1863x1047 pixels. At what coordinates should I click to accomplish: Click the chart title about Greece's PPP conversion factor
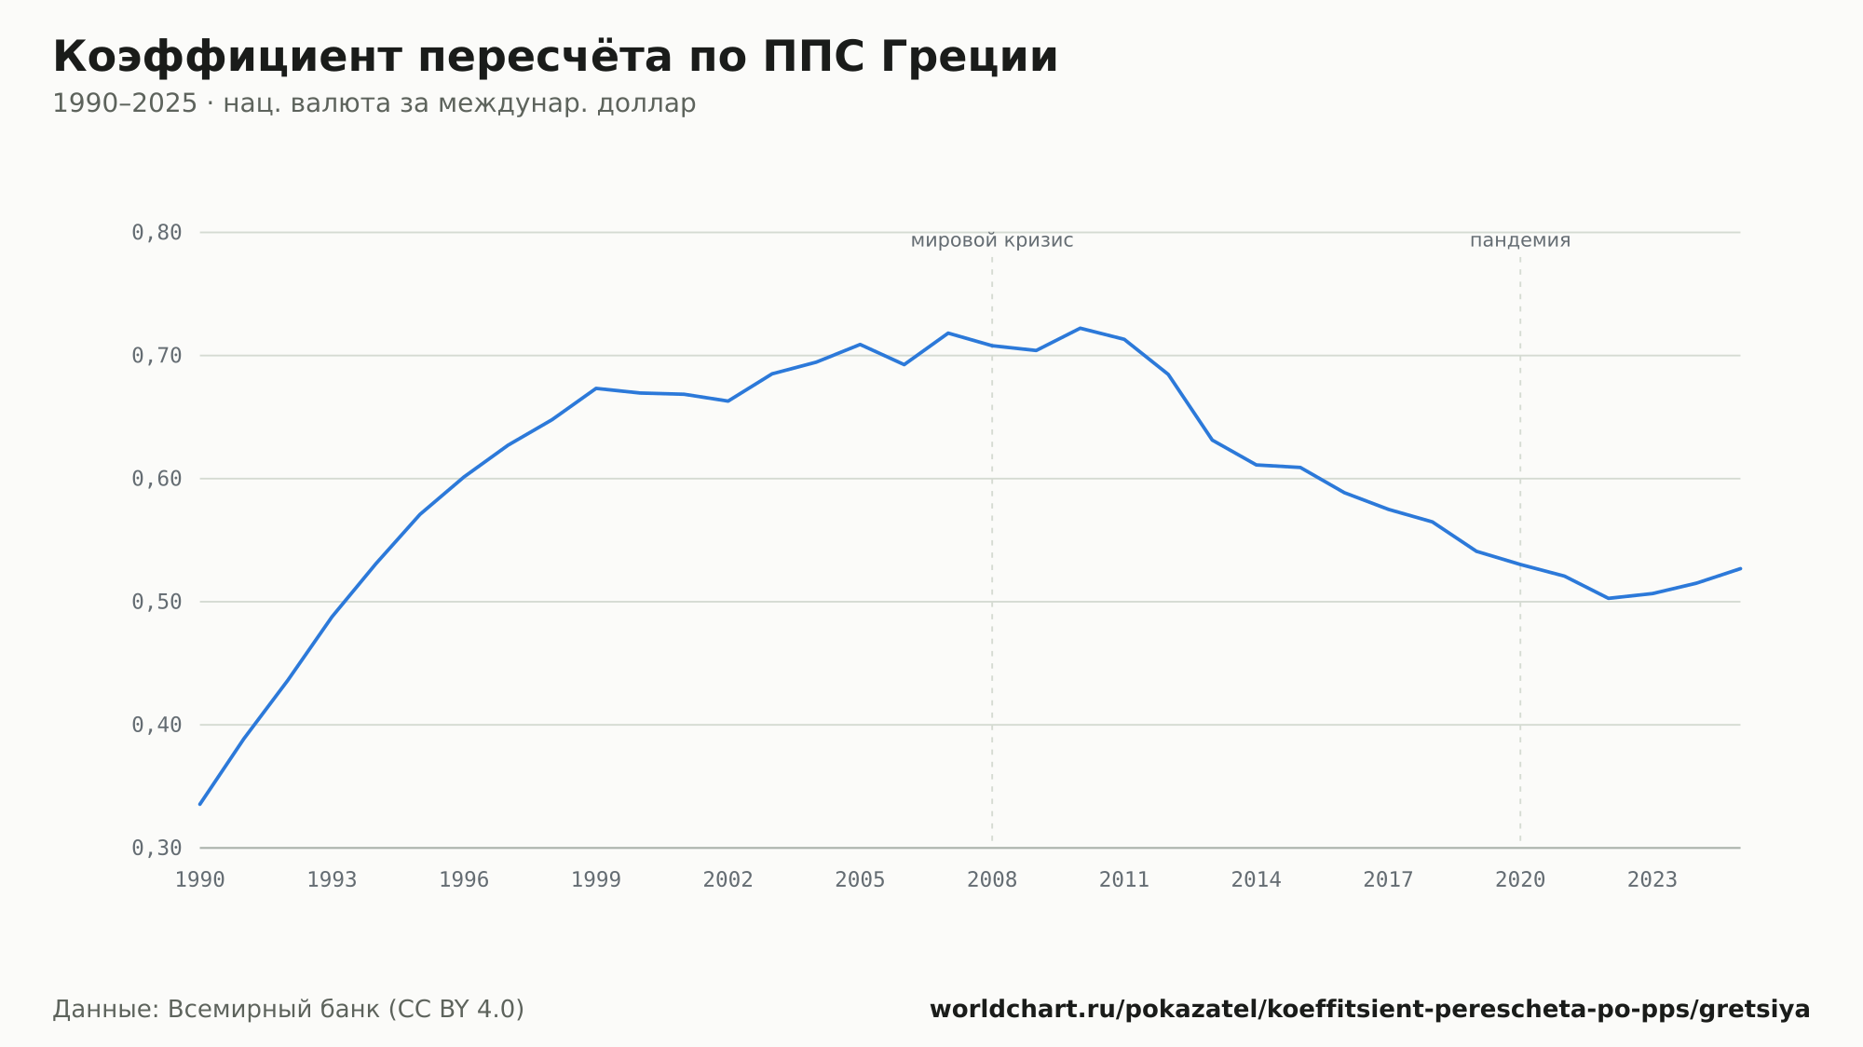555,58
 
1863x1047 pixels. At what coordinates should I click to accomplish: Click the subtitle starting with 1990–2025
374,103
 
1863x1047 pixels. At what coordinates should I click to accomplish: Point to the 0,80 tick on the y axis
156,233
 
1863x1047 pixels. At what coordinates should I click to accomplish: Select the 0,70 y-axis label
156,356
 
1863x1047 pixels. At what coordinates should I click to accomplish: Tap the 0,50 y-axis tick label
156,602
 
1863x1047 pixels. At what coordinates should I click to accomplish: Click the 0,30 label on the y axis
156,848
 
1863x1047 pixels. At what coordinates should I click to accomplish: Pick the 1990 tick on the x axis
200,880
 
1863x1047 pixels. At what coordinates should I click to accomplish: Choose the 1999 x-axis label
596,880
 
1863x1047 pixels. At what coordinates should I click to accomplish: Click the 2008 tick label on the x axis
992,880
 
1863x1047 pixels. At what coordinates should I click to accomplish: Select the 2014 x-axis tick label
1257,880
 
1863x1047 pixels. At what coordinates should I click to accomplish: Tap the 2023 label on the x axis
1652,880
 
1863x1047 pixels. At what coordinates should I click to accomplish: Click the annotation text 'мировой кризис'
992,241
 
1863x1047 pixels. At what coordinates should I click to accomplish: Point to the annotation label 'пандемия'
1520,241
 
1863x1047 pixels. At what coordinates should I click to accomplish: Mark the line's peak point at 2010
1080,328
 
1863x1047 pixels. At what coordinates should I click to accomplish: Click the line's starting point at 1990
200,804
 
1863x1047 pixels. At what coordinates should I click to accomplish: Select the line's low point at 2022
1609,598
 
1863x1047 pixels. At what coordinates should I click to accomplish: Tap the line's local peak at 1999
596,388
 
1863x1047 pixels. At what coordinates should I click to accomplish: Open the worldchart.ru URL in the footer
1370,1010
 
